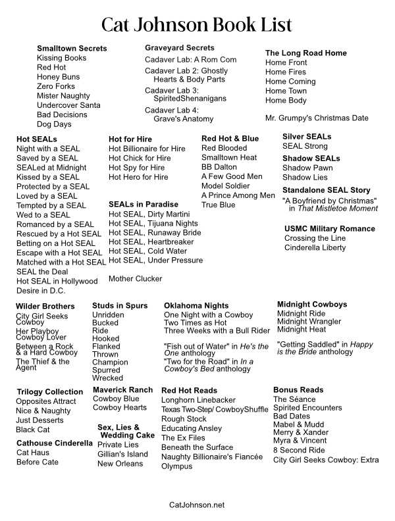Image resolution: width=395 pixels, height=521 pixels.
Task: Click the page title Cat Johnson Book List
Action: [x=197, y=25]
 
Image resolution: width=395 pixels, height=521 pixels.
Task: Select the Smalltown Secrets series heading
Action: [x=72, y=49]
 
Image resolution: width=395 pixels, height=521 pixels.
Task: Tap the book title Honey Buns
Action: [x=59, y=77]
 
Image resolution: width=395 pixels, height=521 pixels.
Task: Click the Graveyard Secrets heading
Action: [x=180, y=48]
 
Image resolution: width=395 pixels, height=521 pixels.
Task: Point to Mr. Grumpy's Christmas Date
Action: [x=317, y=118]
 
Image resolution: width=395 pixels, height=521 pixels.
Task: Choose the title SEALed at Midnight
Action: [x=51, y=168]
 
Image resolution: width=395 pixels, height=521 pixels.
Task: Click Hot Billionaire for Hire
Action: [x=147, y=149]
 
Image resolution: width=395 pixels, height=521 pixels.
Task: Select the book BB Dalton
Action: [x=219, y=167]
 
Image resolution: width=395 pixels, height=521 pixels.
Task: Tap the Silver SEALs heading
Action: [x=307, y=136]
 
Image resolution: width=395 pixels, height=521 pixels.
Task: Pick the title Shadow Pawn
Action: [x=307, y=168]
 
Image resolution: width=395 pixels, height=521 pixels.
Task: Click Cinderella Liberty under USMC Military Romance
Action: [x=315, y=248]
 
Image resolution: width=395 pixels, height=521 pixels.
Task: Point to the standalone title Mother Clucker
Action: [x=135, y=278]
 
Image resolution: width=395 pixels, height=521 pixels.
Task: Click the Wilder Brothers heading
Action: [x=45, y=307]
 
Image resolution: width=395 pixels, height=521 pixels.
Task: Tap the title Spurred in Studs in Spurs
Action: [x=107, y=370]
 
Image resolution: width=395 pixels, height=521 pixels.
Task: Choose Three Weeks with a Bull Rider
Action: [x=217, y=331]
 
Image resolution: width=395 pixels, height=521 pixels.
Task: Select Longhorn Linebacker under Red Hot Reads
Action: [x=198, y=401]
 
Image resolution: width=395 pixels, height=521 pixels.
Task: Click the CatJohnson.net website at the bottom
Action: [x=197, y=505]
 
